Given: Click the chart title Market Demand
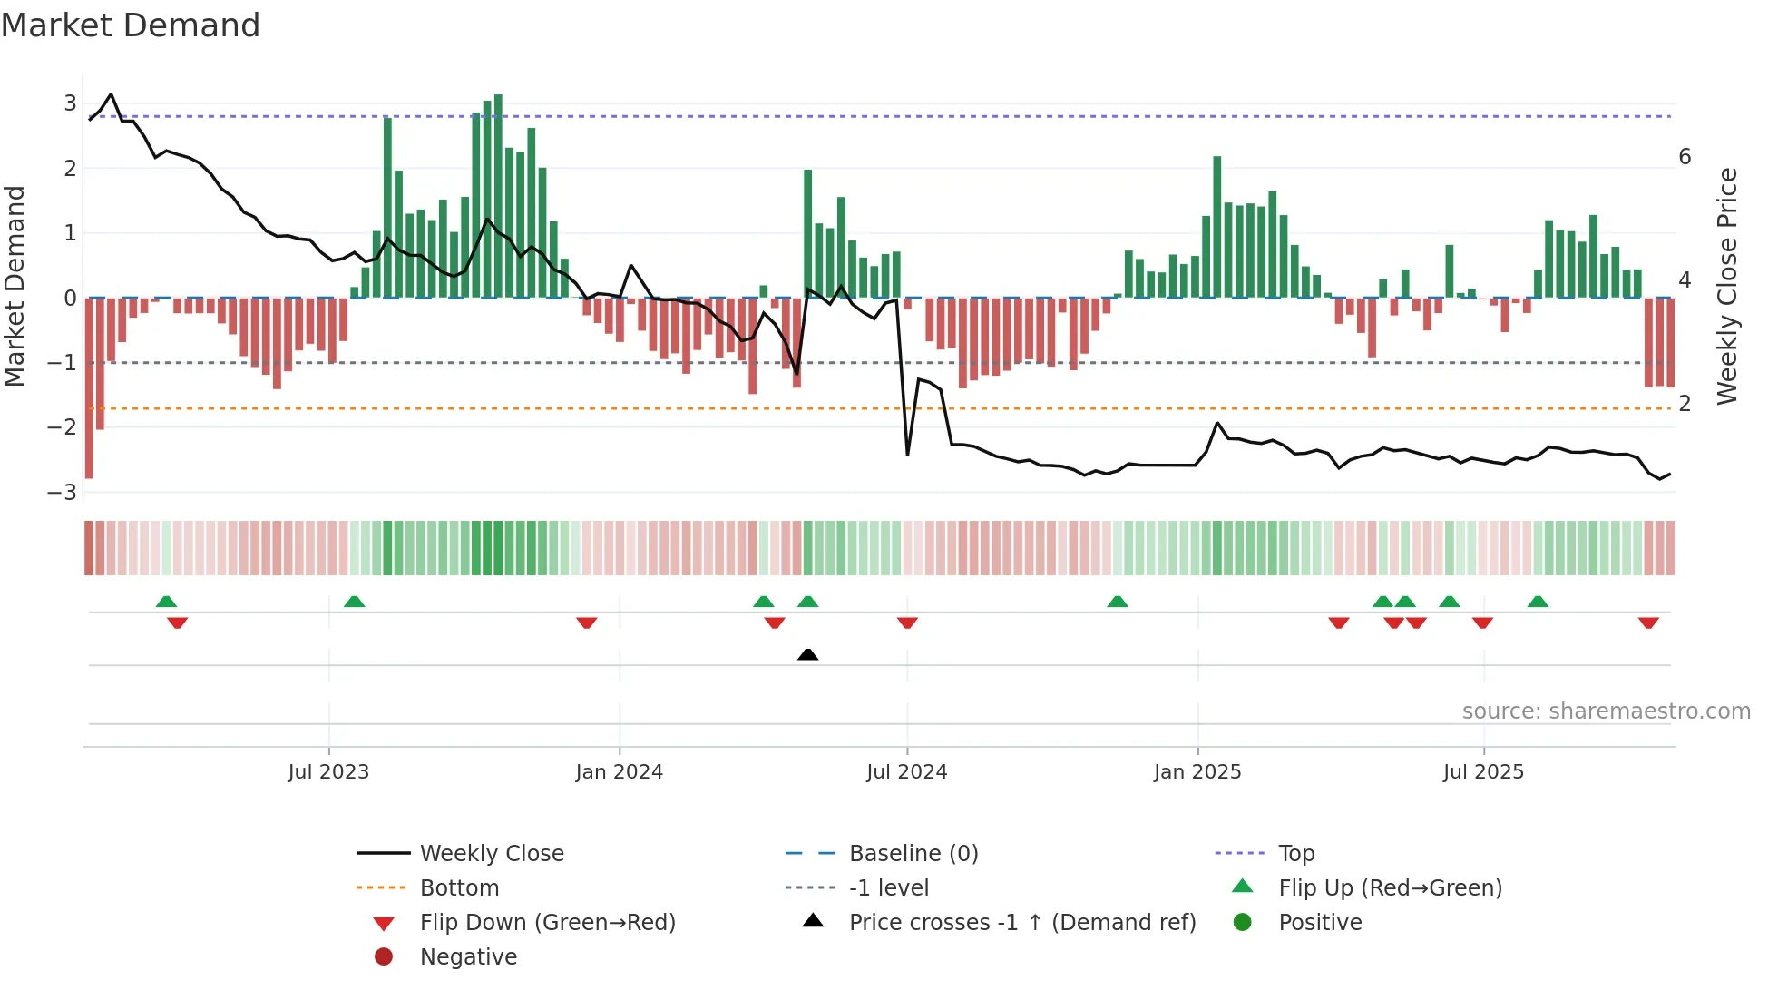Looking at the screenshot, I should pos(131,25).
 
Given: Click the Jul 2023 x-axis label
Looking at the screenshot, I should pos(328,772).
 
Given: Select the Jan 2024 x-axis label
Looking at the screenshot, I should pos(620,772).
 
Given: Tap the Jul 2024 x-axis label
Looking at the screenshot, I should pos(907,772).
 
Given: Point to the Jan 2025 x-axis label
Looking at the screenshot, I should pos(1197,772).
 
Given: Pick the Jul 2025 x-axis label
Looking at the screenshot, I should pos(1484,772).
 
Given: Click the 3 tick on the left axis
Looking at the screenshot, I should pos(70,103).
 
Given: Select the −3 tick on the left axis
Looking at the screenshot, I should pos(63,493).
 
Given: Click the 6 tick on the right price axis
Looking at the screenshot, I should pos(1685,157).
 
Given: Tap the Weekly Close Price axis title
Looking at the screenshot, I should pos(1727,286).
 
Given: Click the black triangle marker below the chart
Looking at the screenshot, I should pos(807,654).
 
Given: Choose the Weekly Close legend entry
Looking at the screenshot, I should pos(492,854).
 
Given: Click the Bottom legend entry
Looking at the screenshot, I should pos(459,888).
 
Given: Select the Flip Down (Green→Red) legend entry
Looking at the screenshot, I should pos(547,923).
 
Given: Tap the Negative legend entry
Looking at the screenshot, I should pos(468,957).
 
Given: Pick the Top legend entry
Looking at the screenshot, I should pos(1296,854).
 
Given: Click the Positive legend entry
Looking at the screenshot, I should pos(1320,923).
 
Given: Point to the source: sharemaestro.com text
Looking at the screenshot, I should pos(1606,711).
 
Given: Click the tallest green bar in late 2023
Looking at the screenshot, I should pos(498,195).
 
